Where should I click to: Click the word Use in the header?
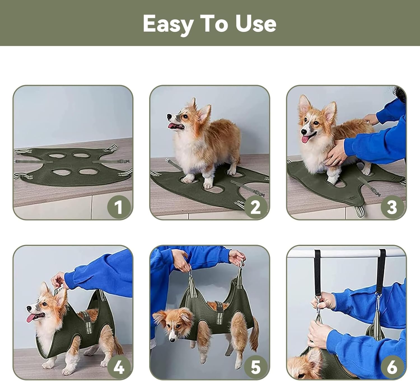(x=256, y=24)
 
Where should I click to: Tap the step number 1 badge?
(x=119, y=207)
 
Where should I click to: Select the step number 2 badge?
(x=256, y=207)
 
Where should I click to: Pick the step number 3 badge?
(x=392, y=207)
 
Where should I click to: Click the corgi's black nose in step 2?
(x=169, y=116)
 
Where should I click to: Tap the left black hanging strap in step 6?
(x=318, y=272)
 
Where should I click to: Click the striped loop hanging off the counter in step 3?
(x=360, y=211)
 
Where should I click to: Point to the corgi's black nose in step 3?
(x=303, y=132)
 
